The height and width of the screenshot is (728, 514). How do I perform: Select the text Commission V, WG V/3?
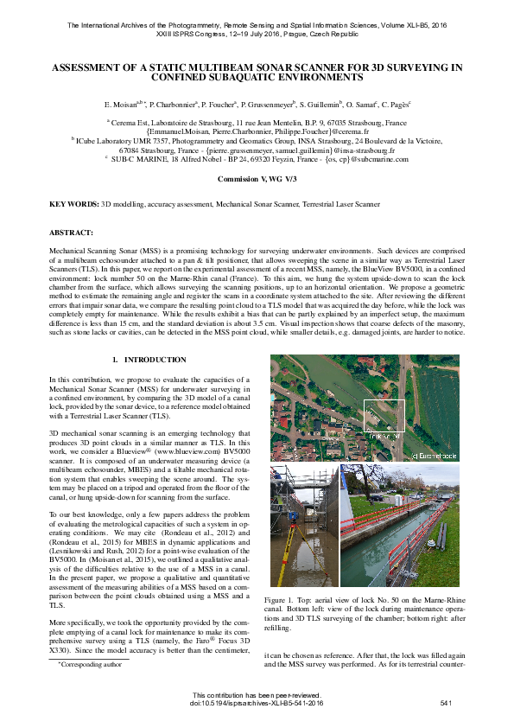(257, 177)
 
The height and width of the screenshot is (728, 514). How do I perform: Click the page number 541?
(447, 704)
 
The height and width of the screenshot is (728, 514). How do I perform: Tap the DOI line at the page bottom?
(257, 704)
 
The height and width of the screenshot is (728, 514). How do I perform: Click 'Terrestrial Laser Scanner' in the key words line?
(314, 205)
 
